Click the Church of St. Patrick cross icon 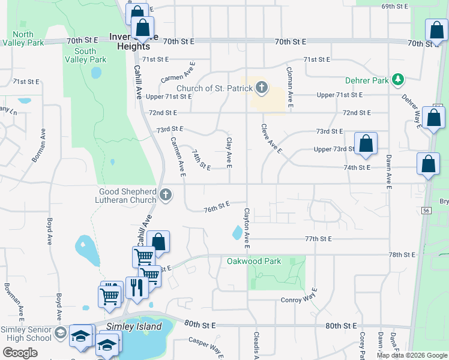(x=261, y=88)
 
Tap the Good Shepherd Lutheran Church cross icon (x=166, y=196)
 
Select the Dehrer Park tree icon (x=396, y=79)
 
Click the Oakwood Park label (x=254, y=262)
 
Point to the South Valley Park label (x=90, y=56)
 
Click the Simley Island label (x=134, y=327)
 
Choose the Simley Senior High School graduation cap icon (x=60, y=333)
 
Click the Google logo (x=20, y=353)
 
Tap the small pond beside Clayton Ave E (x=237, y=232)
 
